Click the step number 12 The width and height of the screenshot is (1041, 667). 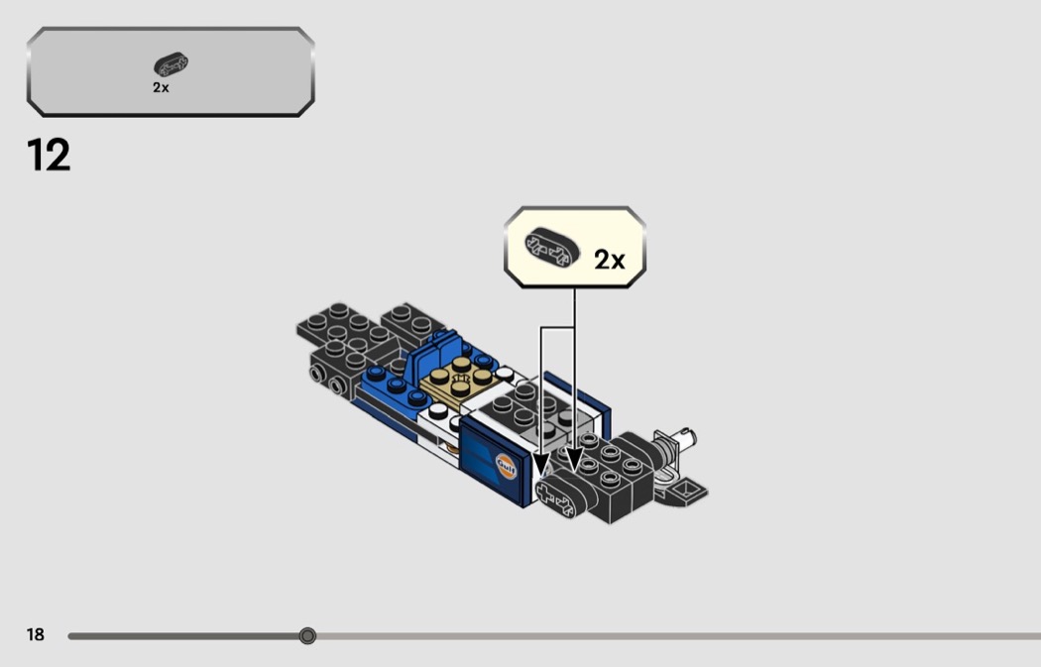pos(49,155)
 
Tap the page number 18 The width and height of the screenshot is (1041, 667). pos(35,634)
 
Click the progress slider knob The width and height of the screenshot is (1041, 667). pos(307,636)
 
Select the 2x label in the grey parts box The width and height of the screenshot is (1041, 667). pos(161,87)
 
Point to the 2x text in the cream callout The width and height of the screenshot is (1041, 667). pos(610,260)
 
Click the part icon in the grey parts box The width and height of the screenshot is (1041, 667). pos(172,65)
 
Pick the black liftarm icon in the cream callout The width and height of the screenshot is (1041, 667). pos(551,248)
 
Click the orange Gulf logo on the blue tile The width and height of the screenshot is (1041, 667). pos(506,465)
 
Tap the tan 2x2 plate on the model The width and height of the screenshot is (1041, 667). pos(457,383)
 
